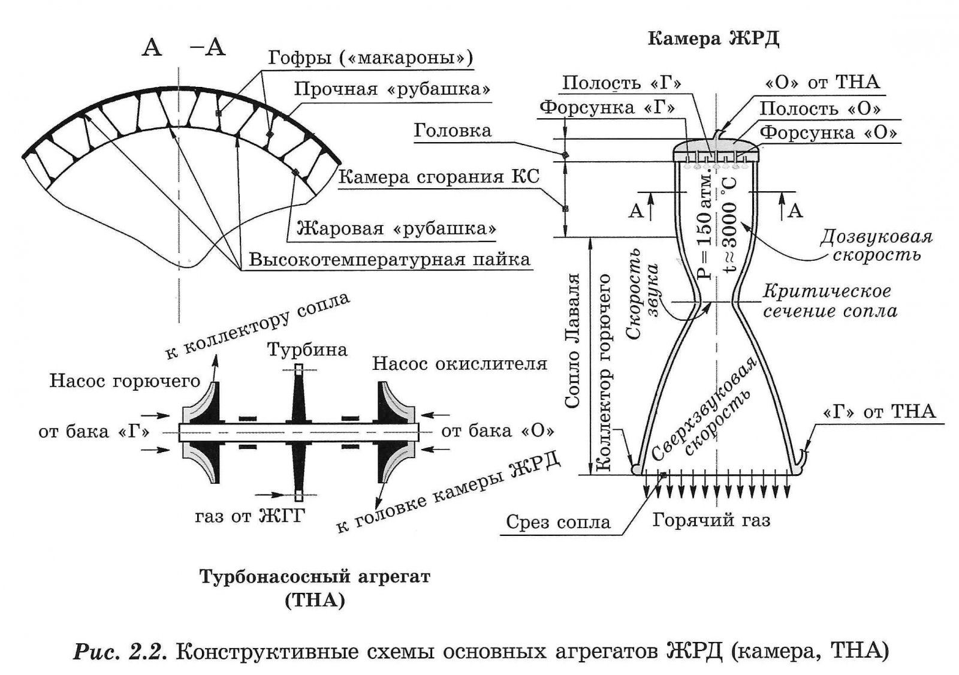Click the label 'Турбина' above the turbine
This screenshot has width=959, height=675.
(307, 349)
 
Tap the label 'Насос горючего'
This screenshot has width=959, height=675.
(125, 381)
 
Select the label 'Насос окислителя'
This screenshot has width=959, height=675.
(460, 363)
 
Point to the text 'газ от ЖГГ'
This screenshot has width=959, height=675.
(250, 516)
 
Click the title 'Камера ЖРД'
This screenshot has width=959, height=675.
(713, 40)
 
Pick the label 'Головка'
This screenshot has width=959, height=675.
(453, 131)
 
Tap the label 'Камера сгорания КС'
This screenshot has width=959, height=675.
(439, 177)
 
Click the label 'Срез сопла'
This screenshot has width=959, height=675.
(558, 522)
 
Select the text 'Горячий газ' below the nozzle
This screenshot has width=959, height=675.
(711, 520)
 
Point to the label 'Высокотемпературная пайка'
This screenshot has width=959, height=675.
(390, 260)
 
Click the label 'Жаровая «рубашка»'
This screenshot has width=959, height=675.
(397, 229)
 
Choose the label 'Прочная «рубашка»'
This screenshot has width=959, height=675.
(393, 89)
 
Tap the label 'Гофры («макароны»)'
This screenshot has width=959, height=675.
(370, 58)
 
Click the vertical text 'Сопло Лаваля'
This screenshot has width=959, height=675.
(573, 341)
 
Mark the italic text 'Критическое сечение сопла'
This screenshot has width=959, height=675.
(830, 301)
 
